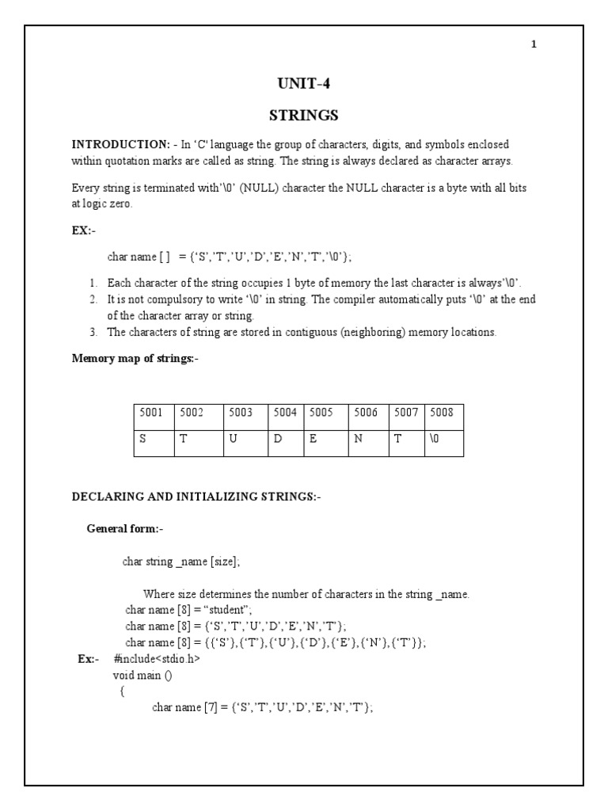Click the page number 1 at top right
(534, 44)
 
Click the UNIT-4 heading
(303, 85)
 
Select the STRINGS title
(303, 116)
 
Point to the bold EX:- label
(83, 229)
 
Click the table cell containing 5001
(154, 412)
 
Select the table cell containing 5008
(445, 412)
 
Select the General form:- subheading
(125, 528)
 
